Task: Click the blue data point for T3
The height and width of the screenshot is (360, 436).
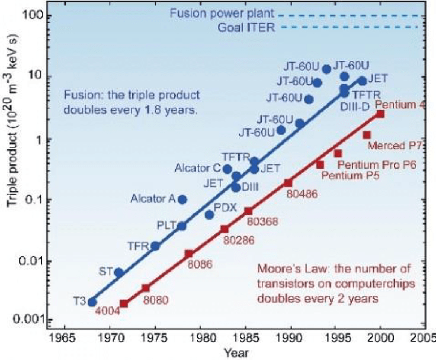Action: tap(92, 302)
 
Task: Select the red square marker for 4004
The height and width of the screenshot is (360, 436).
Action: tap(124, 304)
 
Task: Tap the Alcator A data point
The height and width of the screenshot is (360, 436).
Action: tap(182, 200)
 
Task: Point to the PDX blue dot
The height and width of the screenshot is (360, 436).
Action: tap(209, 214)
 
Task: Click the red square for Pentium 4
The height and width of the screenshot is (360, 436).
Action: tap(380, 114)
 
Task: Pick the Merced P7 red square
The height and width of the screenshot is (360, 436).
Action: tap(367, 135)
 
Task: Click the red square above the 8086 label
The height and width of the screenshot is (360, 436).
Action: tap(189, 254)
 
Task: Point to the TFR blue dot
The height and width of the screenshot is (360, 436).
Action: tap(155, 246)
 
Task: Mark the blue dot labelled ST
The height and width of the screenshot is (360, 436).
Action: tap(118, 272)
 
